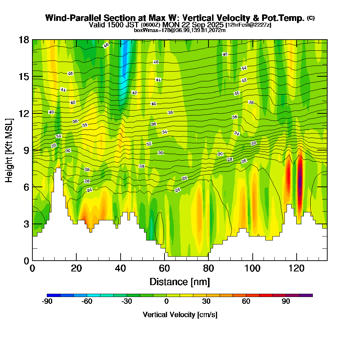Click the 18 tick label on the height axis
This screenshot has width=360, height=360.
(x=24, y=40)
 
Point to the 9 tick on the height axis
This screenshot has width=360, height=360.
(x=33, y=150)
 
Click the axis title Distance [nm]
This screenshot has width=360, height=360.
(x=180, y=282)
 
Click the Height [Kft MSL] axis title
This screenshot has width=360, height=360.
(x=9, y=150)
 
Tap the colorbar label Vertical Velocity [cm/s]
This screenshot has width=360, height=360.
(x=180, y=315)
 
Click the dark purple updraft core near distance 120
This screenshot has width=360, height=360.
(x=300, y=180)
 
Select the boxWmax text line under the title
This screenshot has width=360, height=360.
(x=180, y=30)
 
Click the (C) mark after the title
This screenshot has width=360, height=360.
(x=311, y=18)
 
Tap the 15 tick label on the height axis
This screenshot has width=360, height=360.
(x=24, y=77)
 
